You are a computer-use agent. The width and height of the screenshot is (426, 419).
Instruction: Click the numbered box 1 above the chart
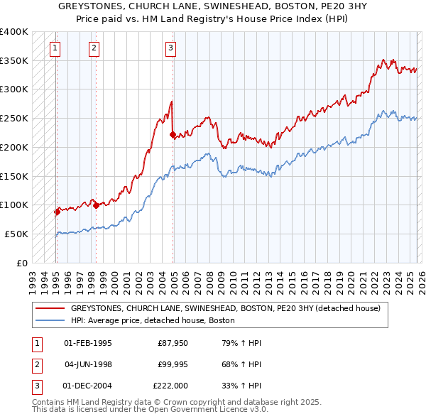tap(55, 48)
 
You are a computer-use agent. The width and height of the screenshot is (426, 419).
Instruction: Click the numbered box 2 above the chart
tap(94, 48)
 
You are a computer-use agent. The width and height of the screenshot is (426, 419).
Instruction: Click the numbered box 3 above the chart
tap(170, 48)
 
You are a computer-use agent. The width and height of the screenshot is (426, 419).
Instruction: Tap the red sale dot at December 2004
tap(173, 134)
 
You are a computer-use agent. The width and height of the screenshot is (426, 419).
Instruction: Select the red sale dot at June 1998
tap(96, 205)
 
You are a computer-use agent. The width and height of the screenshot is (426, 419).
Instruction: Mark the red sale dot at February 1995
tap(57, 212)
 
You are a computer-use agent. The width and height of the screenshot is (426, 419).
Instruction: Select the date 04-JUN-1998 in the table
tap(87, 364)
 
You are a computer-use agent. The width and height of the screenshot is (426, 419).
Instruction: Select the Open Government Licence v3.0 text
tap(208, 409)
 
